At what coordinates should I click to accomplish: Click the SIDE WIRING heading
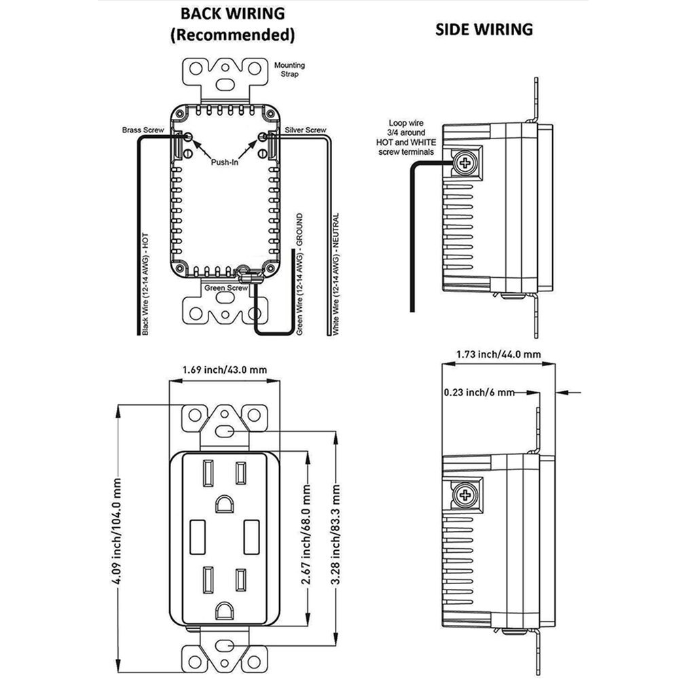pos(484,29)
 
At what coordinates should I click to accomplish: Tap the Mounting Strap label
pos(289,69)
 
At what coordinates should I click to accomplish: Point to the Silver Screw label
pos(306,130)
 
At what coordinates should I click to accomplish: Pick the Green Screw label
pos(227,288)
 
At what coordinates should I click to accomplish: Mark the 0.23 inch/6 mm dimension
pos(478,393)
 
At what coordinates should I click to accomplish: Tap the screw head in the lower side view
pos(465,495)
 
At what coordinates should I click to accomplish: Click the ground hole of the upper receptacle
pos(223,503)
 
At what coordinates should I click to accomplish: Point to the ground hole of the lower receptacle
pos(223,611)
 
